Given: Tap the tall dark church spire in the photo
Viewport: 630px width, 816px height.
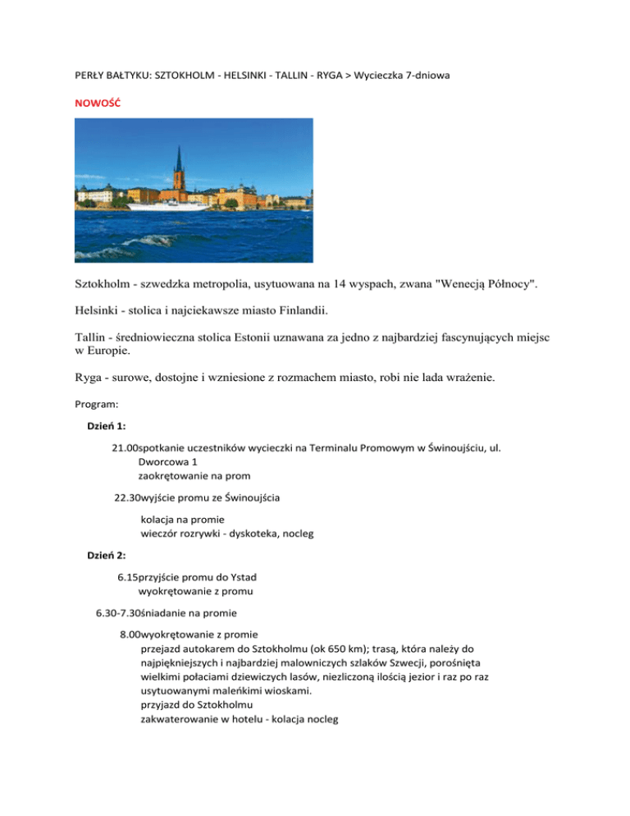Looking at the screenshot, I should (x=177, y=164).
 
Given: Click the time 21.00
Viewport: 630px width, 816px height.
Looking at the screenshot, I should (x=126, y=447).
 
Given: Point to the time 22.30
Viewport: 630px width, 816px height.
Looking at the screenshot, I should (x=128, y=497).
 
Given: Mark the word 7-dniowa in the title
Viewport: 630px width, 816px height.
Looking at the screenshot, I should (x=425, y=76).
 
